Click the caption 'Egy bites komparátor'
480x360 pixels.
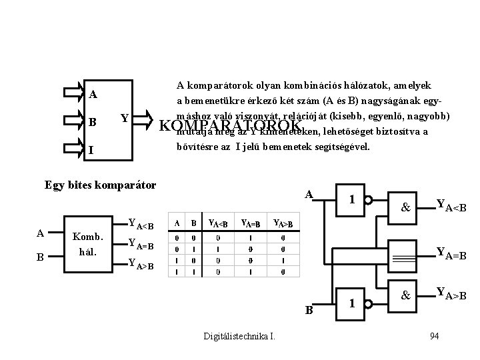click(100, 184)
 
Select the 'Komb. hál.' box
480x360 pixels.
click(87, 243)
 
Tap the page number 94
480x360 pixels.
click(435, 335)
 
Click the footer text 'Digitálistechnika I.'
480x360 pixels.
click(239, 335)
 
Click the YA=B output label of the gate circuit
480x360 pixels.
click(451, 253)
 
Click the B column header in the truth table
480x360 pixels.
click(194, 223)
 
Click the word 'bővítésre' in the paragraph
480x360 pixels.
click(195, 145)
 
